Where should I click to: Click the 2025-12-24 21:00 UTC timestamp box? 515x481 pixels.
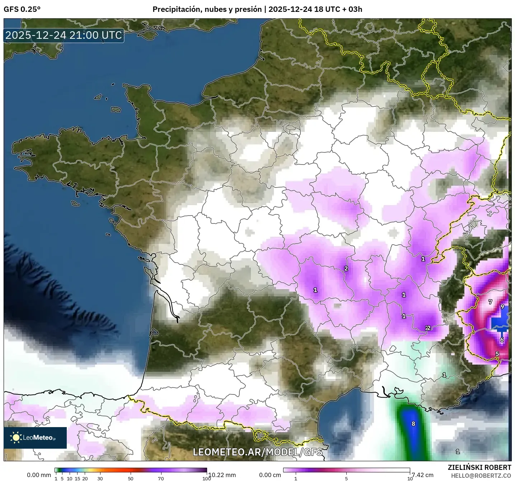[64, 35]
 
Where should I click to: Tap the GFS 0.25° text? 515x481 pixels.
[22, 9]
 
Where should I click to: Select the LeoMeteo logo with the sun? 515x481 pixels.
[35, 438]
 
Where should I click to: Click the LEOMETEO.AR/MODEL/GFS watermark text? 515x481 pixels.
[257, 452]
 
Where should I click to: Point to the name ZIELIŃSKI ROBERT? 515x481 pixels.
[479, 467]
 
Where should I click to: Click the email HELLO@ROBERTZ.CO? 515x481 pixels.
[481, 476]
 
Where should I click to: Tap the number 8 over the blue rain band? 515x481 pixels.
[413, 424]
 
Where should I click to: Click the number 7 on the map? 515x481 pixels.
[490, 302]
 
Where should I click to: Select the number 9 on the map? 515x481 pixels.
[502, 307]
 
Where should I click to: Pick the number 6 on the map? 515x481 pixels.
[502, 340]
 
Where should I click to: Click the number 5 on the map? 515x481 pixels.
[497, 354]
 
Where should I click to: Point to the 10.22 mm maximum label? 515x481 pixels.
[222, 475]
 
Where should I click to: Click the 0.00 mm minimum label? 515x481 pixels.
[39, 475]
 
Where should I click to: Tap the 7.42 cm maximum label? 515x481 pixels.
[422, 475]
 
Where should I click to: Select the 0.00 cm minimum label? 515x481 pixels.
[270, 475]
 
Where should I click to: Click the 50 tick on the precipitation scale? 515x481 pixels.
[131, 478]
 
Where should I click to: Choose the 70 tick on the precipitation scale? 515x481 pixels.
[161, 478]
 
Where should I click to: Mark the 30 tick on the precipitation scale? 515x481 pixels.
[100, 478]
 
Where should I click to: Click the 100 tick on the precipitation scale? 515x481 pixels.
[206, 478]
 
